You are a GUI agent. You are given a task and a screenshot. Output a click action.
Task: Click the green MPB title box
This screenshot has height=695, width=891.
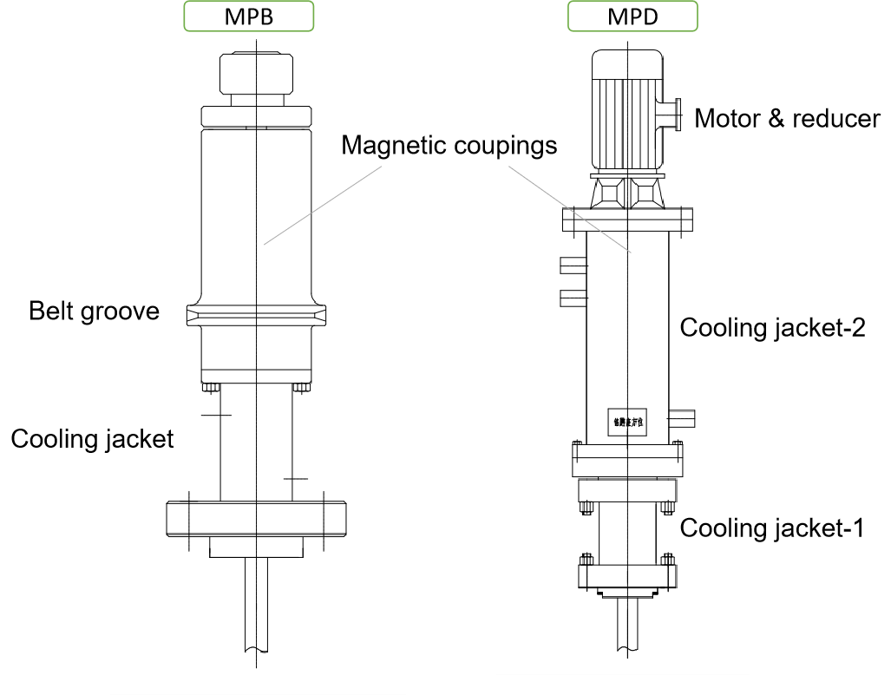(249, 16)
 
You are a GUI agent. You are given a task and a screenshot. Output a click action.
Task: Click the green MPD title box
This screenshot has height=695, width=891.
(632, 16)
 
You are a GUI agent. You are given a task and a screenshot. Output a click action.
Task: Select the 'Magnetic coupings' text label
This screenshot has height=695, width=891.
(449, 144)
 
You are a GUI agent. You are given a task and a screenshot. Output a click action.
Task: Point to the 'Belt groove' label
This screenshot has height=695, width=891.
(94, 311)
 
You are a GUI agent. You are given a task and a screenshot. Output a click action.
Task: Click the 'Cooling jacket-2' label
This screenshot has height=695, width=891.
(772, 327)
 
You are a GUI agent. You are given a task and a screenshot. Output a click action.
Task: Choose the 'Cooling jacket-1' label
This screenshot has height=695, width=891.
(771, 528)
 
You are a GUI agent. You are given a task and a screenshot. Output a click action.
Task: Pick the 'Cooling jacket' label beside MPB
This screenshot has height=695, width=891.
(92, 438)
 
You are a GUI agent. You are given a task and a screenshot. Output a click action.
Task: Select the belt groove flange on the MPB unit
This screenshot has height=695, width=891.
(257, 315)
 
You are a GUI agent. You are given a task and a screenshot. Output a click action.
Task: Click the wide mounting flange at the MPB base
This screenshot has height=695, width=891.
(257, 518)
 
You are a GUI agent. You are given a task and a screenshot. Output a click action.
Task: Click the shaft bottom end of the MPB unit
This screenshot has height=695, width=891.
(257, 642)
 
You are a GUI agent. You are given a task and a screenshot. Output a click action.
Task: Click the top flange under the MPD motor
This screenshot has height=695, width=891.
(628, 220)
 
